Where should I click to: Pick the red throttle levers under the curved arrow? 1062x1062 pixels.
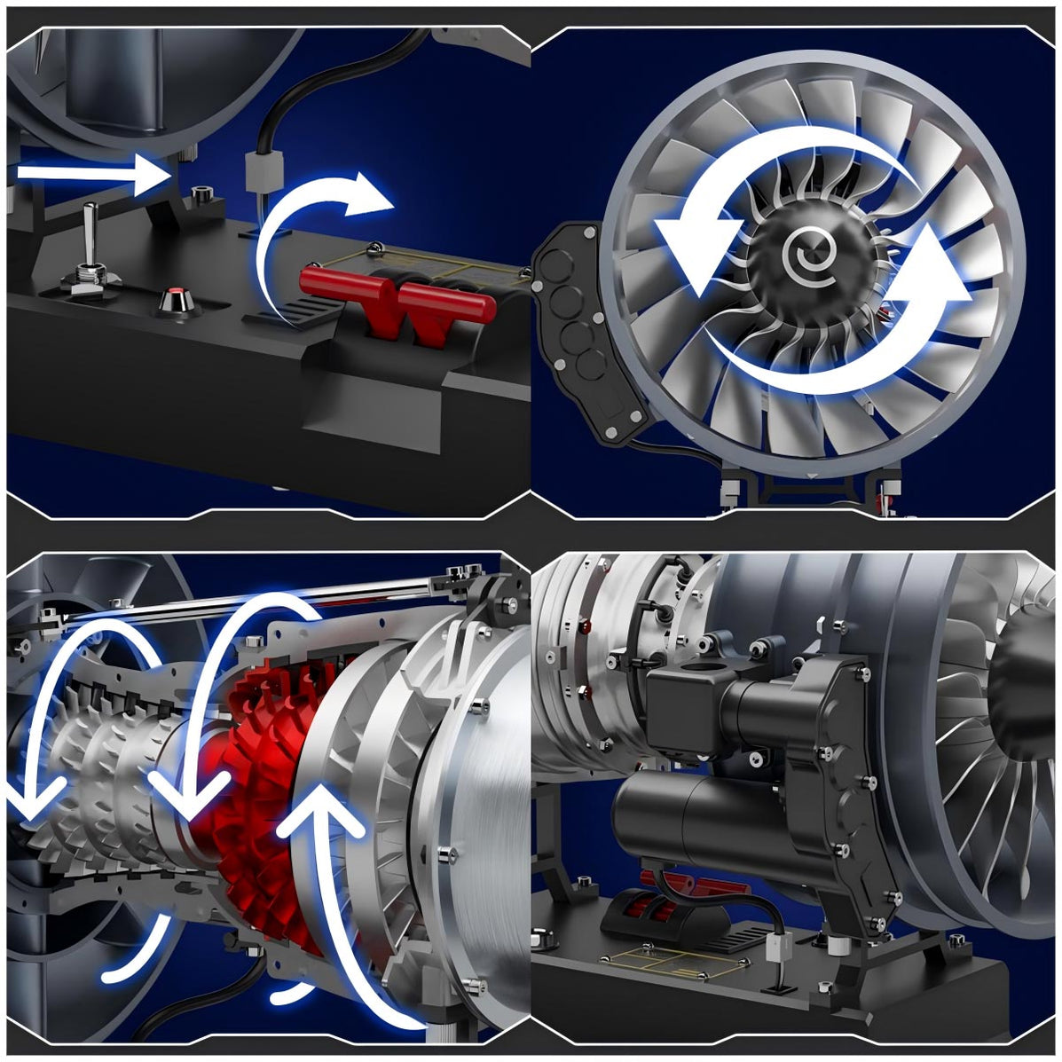tap(397, 302)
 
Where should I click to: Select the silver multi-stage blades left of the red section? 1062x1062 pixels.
tap(98, 781)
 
